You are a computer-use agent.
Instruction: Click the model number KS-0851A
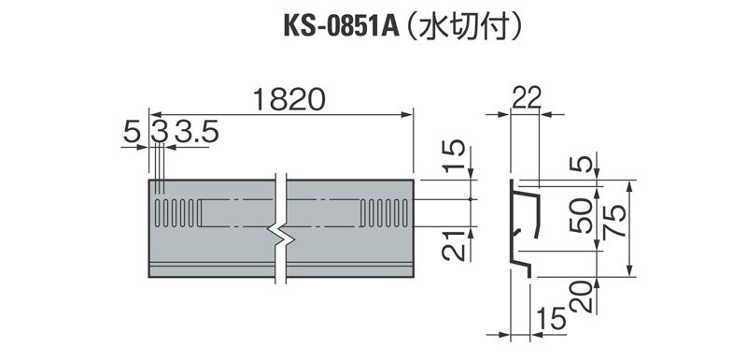341,27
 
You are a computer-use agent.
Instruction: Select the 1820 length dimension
289,100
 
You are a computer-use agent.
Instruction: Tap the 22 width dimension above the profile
527,98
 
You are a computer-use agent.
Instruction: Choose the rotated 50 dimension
581,215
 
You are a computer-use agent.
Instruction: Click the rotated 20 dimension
581,297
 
